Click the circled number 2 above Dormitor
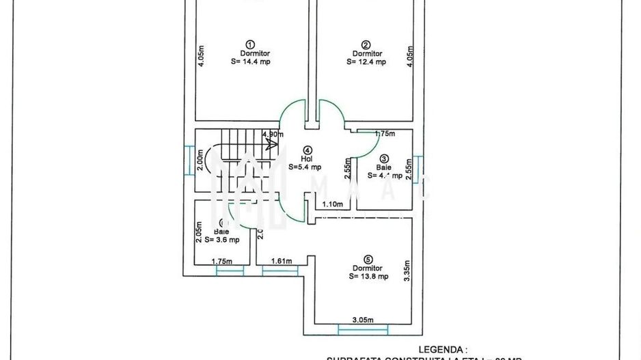[x=366, y=42]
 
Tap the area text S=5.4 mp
[x=305, y=166]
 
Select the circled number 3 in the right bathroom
[x=384, y=158]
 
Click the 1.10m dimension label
[x=331, y=204]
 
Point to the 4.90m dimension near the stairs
[x=272, y=135]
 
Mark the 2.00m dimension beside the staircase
[x=200, y=159]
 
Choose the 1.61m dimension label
[x=282, y=261]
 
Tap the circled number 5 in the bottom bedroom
[x=368, y=259]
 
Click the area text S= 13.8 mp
[x=368, y=277]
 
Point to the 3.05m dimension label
[x=362, y=320]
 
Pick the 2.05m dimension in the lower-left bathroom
[x=199, y=232]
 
